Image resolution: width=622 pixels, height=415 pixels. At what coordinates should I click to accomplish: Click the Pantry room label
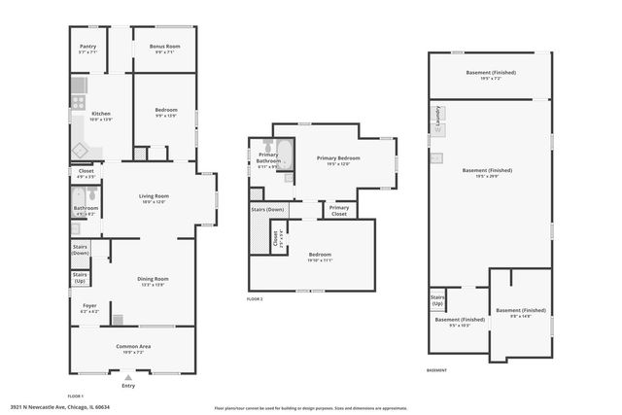[x=86, y=46]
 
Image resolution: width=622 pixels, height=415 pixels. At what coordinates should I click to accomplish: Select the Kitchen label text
[x=101, y=114]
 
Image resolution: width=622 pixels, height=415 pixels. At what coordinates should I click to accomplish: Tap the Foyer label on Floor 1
[x=88, y=305]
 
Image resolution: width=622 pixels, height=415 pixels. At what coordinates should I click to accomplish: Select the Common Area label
[x=132, y=346]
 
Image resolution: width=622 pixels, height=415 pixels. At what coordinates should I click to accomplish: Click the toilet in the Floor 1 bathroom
[x=77, y=193]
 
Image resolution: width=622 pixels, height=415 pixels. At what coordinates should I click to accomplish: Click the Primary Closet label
[x=339, y=210]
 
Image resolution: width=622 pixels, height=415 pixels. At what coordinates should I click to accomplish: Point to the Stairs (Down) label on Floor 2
[x=267, y=209]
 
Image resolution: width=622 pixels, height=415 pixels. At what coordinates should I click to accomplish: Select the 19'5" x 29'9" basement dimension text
[x=488, y=177]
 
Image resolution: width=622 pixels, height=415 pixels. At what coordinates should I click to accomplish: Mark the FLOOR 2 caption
[x=255, y=298]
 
